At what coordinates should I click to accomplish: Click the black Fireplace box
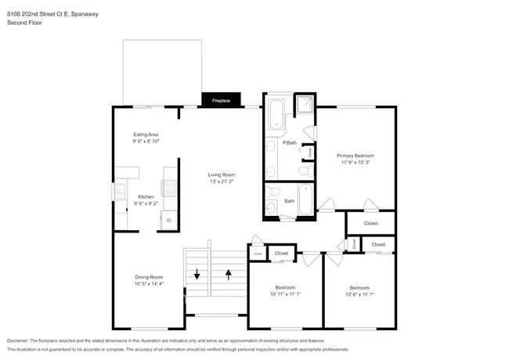coord(221,100)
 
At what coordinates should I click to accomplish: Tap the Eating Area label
coord(146,135)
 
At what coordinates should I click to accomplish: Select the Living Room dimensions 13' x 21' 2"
coord(221,181)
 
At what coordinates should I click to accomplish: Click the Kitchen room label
coord(146,196)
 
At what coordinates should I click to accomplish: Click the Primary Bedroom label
coord(356,156)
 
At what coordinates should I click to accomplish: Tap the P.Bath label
coord(290,142)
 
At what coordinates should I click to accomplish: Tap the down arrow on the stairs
coord(197,274)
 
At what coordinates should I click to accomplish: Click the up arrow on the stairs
coord(229,274)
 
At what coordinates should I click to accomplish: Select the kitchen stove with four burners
coord(169,188)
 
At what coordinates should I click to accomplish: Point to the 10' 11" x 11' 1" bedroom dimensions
coord(284,293)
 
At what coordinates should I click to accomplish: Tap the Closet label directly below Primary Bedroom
coord(370,224)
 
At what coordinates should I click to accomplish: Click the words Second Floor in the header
coord(24,23)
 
